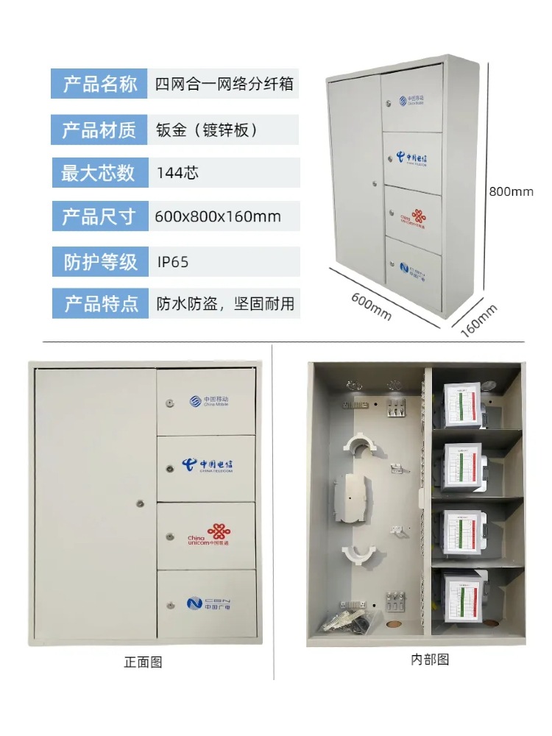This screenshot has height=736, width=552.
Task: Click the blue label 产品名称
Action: click(x=99, y=84)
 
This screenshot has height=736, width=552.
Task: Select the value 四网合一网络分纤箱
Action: click(x=224, y=84)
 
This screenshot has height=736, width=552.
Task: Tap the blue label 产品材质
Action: click(x=99, y=131)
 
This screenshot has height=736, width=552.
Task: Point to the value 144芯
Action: click(x=177, y=174)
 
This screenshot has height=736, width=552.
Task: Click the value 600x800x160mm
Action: click(x=218, y=217)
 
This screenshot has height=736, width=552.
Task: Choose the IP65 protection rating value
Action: click(x=174, y=261)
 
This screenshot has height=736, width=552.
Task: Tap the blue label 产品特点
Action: click(x=100, y=304)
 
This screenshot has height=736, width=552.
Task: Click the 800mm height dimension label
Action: click(x=511, y=192)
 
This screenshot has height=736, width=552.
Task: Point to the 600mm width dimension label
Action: click(x=371, y=305)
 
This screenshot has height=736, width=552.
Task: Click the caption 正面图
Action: click(x=143, y=662)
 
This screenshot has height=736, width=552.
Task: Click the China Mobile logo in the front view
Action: click(x=208, y=402)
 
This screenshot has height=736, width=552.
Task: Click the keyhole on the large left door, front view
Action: click(x=140, y=504)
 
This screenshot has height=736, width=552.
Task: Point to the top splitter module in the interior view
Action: click(x=460, y=406)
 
